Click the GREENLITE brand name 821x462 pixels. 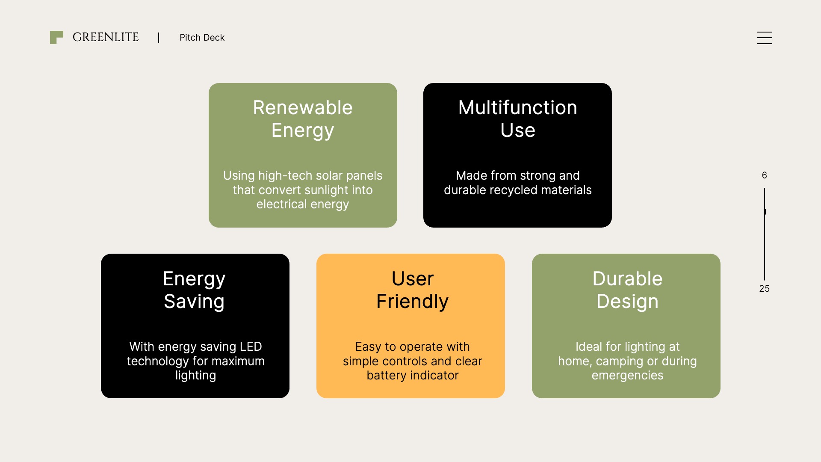(x=106, y=37)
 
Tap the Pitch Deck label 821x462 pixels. (x=202, y=38)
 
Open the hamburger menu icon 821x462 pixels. (x=765, y=38)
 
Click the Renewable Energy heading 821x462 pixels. (x=303, y=119)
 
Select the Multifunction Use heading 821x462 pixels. (x=517, y=119)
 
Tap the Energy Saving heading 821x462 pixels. (x=194, y=290)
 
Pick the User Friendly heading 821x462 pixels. (x=412, y=290)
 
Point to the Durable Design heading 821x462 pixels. (x=627, y=290)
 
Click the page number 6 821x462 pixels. (x=764, y=175)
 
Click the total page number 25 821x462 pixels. (x=764, y=289)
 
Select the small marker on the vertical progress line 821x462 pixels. (x=765, y=212)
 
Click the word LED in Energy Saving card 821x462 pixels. (x=251, y=346)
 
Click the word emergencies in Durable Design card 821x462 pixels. (x=627, y=376)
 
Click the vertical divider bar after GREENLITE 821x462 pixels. (x=159, y=38)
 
